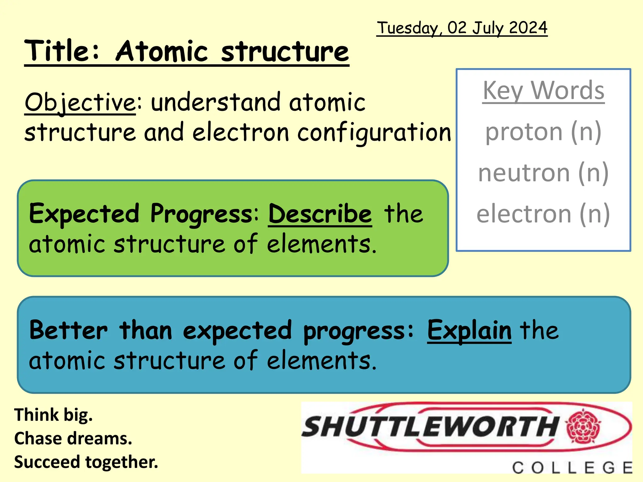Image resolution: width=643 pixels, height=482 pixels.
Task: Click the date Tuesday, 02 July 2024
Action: pos(462,28)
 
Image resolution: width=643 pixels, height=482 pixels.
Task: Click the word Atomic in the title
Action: pos(162,51)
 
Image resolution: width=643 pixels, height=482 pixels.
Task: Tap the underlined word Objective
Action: pos(80,102)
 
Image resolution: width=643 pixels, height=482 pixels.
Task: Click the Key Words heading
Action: pos(543,91)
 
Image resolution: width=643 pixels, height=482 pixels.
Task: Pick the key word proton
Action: pos(524,132)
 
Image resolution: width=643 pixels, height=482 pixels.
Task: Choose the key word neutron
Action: pos(524,173)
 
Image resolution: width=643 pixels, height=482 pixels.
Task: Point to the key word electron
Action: pos(524,214)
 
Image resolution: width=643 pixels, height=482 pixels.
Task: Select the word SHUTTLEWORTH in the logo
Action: pos(430,427)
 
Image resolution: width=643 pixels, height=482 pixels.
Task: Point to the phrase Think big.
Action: pos(54,415)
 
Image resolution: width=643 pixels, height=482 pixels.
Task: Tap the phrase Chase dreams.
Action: pos(73,438)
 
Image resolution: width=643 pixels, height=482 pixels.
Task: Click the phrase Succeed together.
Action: pos(86,462)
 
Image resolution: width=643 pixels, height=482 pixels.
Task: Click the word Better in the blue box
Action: pos(68,331)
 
